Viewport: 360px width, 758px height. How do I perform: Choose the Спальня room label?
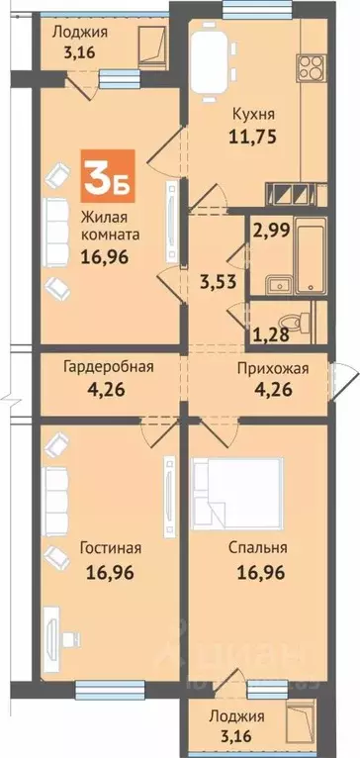(255, 547)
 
